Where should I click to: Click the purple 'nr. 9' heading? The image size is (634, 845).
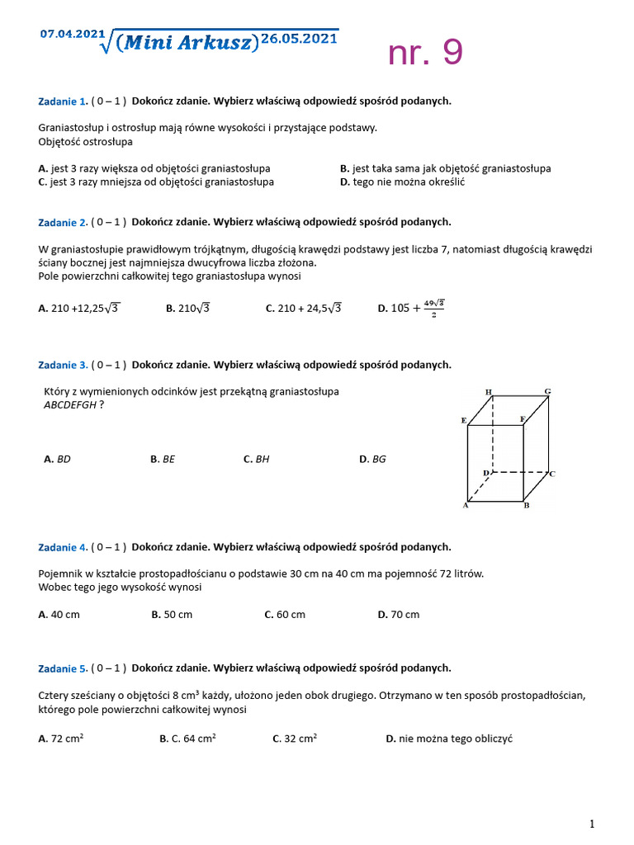[425, 53]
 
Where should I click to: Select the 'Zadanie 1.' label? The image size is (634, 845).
[63, 101]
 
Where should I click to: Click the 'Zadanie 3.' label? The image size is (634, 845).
[63, 365]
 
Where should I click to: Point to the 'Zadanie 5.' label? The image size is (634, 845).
[63, 668]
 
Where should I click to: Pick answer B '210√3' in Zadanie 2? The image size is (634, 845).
[187, 309]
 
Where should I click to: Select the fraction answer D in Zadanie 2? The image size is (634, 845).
[410, 309]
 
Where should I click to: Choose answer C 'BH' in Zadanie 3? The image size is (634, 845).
[257, 459]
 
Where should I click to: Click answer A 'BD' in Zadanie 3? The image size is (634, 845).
[57, 459]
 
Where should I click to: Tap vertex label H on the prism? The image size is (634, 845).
[489, 391]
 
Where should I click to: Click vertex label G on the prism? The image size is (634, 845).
[547, 390]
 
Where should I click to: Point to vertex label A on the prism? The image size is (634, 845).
[466, 506]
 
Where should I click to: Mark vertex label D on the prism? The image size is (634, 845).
[486, 473]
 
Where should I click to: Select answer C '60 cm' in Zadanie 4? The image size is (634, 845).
[285, 614]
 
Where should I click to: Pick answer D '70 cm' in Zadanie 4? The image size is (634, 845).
[399, 614]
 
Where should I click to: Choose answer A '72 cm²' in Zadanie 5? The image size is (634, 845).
[61, 739]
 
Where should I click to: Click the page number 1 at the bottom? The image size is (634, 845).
[592, 824]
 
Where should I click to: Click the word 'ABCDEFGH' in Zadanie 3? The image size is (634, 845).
[70, 405]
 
